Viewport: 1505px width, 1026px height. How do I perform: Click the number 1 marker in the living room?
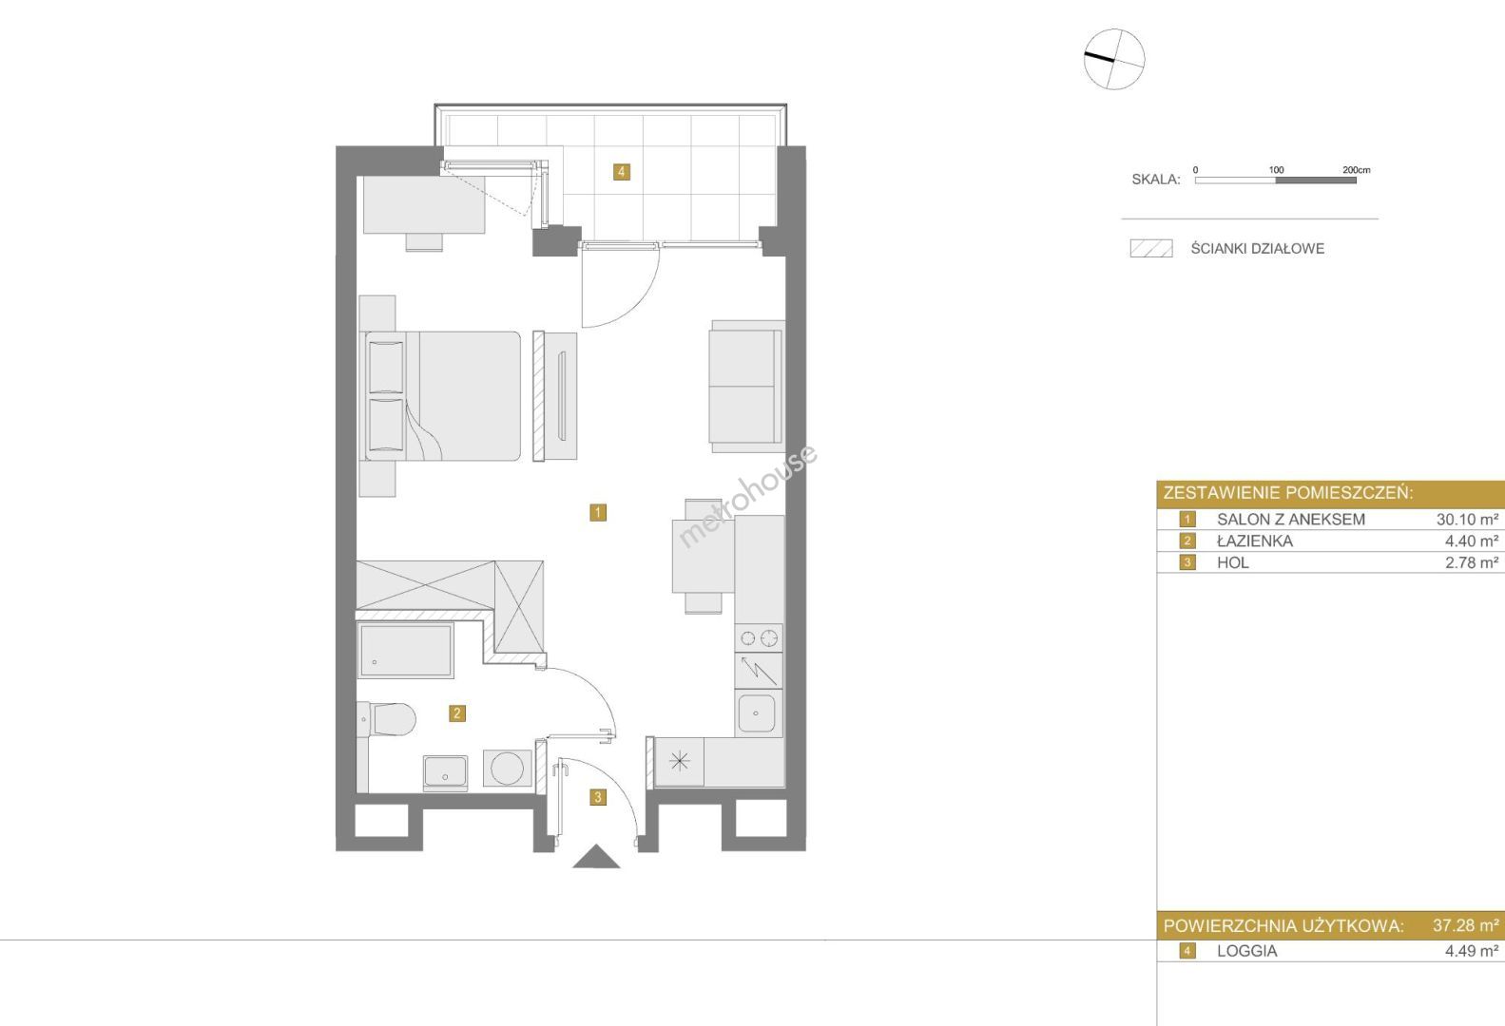tap(598, 512)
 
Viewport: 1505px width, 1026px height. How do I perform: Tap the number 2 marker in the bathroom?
tap(457, 713)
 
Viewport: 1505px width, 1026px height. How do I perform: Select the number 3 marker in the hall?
tap(598, 797)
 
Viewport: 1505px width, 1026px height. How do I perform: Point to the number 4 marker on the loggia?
tap(622, 172)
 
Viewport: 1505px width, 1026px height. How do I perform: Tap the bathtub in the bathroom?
tap(405, 650)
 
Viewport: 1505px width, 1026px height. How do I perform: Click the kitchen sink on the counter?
tap(757, 713)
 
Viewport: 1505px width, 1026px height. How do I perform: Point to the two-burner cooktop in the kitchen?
tap(759, 637)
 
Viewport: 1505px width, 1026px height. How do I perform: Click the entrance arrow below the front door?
tap(596, 858)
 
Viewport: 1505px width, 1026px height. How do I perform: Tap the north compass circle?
tap(1114, 59)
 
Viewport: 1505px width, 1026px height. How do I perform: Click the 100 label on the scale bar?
tap(1277, 170)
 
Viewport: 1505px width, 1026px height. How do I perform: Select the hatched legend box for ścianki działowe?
tap(1151, 249)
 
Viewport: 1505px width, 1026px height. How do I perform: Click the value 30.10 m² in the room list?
tap(1467, 519)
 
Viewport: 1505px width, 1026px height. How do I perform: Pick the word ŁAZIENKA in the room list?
tap(1255, 541)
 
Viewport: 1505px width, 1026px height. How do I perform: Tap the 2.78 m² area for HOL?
tap(1472, 562)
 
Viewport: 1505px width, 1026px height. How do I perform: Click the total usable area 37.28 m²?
tap(1466, 925)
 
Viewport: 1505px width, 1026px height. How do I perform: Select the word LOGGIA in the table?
tap(1247, 951)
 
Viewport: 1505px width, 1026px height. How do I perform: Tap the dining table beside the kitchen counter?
tap(704, 556)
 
